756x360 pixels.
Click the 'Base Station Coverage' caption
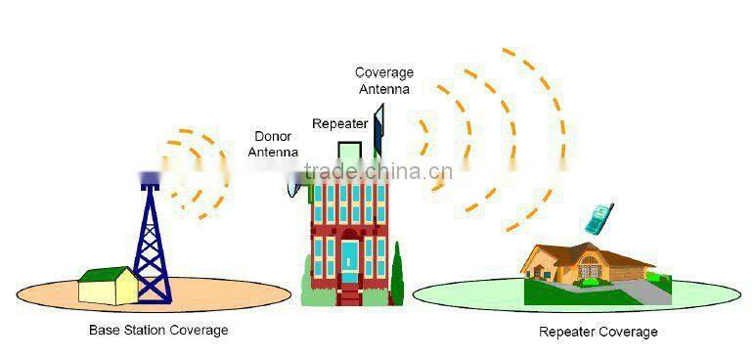point(158,330)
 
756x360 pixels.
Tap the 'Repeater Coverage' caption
point(598,332)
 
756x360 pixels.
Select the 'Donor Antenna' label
point(273,145)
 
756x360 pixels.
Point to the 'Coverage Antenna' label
point(383,80)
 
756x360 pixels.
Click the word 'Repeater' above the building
point(339,124)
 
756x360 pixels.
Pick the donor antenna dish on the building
point(292,183)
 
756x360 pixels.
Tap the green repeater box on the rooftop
point(349,152)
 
